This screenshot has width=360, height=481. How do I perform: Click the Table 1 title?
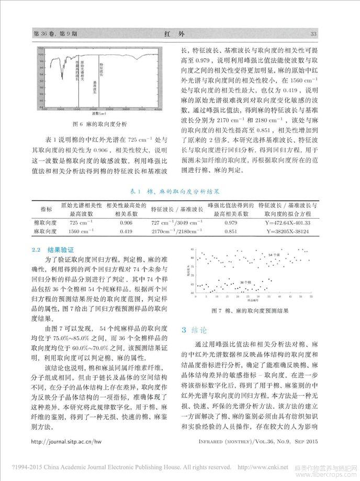tap(179, 192)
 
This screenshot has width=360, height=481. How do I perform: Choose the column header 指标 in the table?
tap(46, 209)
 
